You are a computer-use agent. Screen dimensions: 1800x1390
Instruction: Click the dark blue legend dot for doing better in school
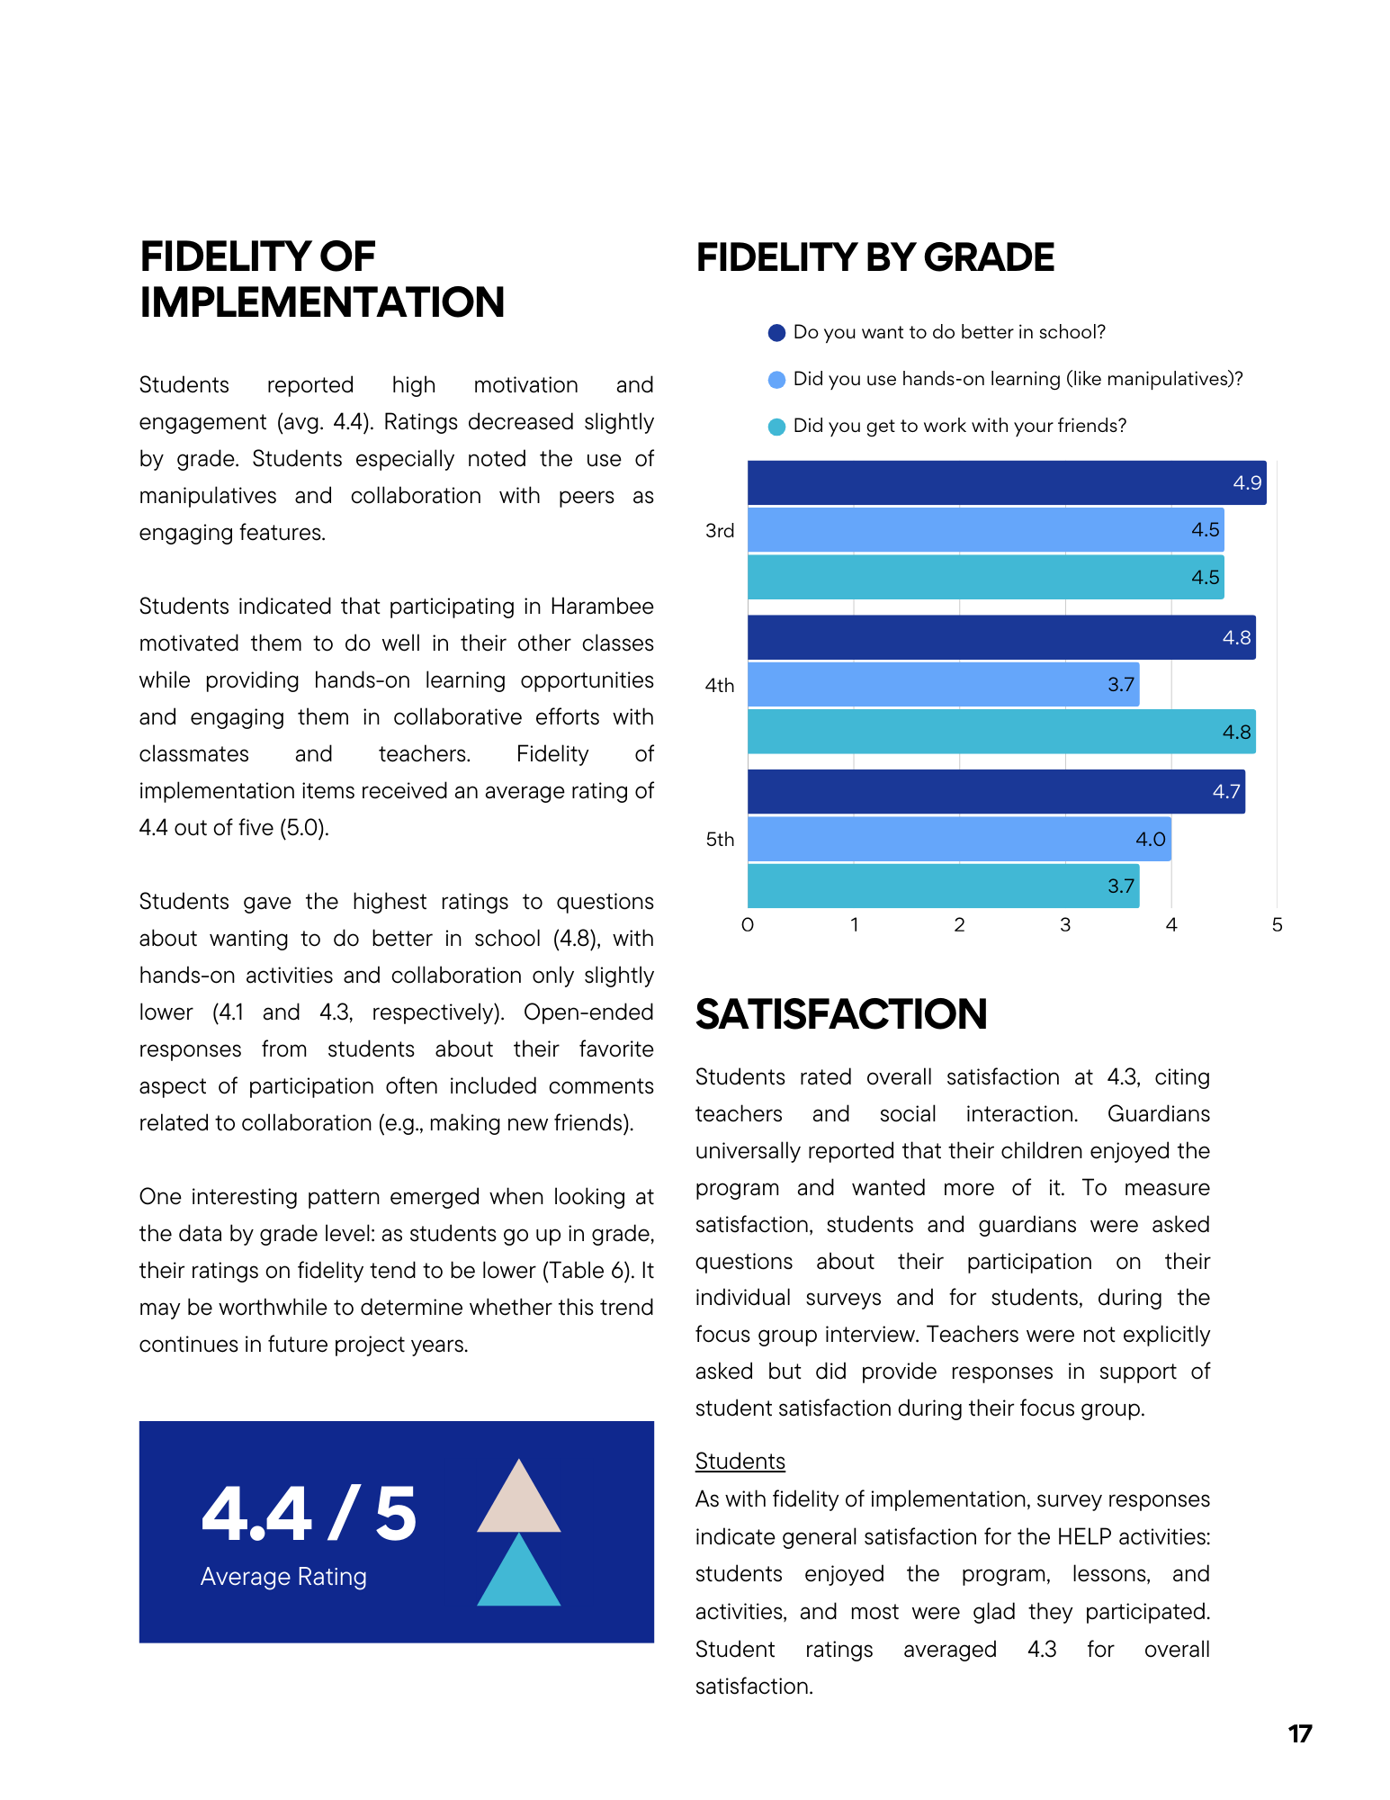click(776, 333)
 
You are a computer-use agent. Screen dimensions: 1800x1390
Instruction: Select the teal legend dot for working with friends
click(776, 427)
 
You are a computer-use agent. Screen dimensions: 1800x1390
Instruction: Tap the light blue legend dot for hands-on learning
click(776, 380)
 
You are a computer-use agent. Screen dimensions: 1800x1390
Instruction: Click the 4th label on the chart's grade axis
click(720, 686)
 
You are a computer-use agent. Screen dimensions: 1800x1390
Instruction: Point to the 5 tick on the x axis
click(1277, 925)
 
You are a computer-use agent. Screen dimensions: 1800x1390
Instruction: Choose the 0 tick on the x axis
click(748, 925)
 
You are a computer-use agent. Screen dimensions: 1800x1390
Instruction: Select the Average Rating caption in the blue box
click(283, 1577)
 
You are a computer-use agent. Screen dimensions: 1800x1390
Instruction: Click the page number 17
click(1300, 1733)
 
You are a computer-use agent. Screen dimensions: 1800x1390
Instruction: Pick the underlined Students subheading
click(740, 1462)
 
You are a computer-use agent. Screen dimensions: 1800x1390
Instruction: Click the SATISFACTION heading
click(841, 1014)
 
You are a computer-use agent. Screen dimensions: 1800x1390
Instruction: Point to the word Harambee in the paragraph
click(602, 607)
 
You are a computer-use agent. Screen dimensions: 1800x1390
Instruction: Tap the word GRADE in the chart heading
click(989, 258)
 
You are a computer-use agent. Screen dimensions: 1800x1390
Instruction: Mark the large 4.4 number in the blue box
click(257, 1514)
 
